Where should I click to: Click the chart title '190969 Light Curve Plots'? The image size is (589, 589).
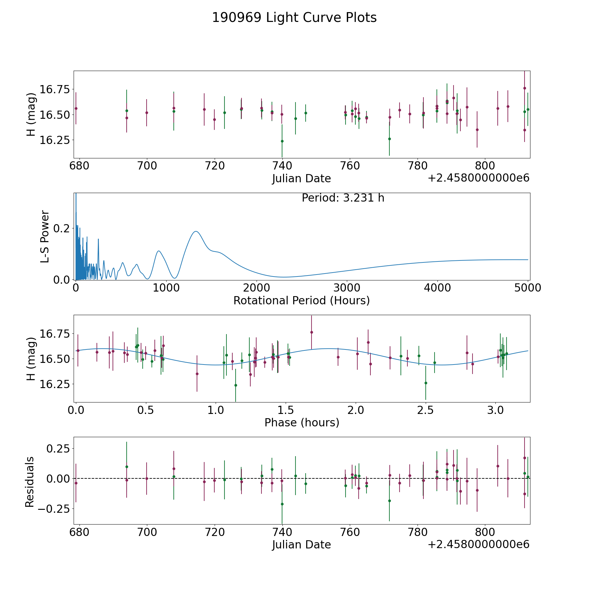[294, 18]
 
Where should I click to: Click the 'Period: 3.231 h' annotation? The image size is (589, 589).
[343, 198]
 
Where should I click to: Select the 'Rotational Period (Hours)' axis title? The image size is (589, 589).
[301, 300]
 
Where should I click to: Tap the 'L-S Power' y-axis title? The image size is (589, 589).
[45, 237]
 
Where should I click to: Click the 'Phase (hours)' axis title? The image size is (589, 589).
[302, 422]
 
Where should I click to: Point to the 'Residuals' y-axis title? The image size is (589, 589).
[30, 482]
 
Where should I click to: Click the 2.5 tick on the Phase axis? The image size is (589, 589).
[425, 410]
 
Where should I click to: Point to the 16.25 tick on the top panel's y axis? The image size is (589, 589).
[54, 140]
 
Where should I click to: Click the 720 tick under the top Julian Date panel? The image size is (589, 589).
[214, 166]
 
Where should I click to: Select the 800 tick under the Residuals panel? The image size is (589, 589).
[484, 532]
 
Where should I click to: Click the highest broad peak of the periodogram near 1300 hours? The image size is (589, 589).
[196, 231]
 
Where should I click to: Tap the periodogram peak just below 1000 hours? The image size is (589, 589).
[159, 251]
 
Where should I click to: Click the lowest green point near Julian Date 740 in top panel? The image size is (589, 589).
[282, 141]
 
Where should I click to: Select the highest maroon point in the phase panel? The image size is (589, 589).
[312, 332]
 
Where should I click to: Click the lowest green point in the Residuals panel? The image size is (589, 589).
[282, 504]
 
